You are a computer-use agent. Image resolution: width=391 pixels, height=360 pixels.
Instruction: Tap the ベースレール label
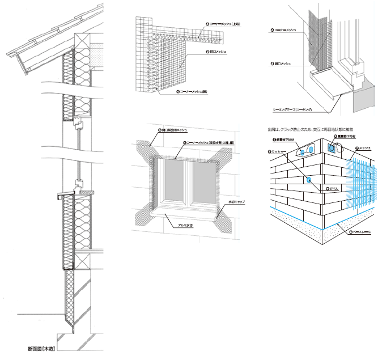(x=363, y=232)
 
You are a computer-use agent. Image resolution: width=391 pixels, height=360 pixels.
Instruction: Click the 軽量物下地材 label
(x=284, y=138)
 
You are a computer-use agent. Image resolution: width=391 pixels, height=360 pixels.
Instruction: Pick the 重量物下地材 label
(x=345, y=137)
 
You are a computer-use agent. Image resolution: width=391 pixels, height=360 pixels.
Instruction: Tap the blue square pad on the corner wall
(x=331, y=148)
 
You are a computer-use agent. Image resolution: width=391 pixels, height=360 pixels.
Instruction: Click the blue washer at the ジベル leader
(x=309, y=180)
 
